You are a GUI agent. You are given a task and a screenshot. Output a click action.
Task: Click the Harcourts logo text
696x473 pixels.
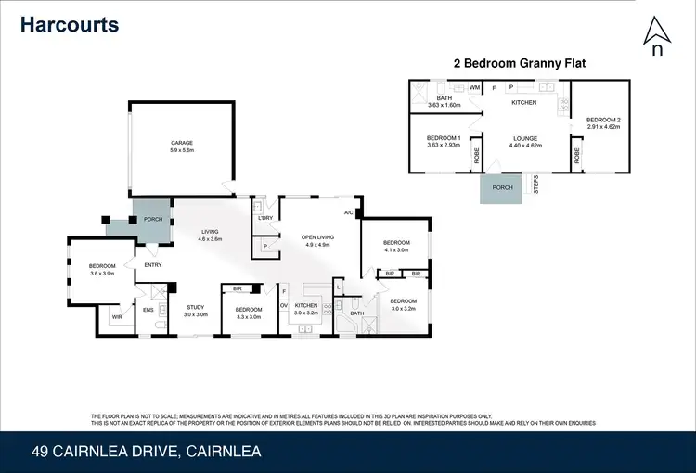(x=71, y=24)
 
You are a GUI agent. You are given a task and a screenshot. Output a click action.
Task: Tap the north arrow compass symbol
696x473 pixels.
(x=657, y=37)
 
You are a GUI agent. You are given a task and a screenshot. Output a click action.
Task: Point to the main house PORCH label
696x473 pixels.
(x=153, y=220)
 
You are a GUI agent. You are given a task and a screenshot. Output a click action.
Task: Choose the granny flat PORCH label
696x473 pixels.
(x=501, y=187)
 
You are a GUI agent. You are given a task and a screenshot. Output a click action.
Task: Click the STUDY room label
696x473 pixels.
(x=195, y=307)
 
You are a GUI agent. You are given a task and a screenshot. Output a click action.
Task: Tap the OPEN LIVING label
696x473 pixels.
(x=317, y=237)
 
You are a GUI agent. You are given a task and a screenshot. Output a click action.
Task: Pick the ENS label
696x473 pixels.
(x=148, y=309)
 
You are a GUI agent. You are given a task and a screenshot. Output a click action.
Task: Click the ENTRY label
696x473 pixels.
(x=153, y=265)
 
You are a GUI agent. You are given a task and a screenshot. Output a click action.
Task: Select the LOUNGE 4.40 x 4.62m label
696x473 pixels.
(x=524, y=142)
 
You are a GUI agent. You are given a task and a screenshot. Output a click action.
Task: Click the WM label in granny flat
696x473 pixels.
(x=474, y=88)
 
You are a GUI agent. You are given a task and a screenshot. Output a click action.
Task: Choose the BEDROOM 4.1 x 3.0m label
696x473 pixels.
(x=396, y=245)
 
